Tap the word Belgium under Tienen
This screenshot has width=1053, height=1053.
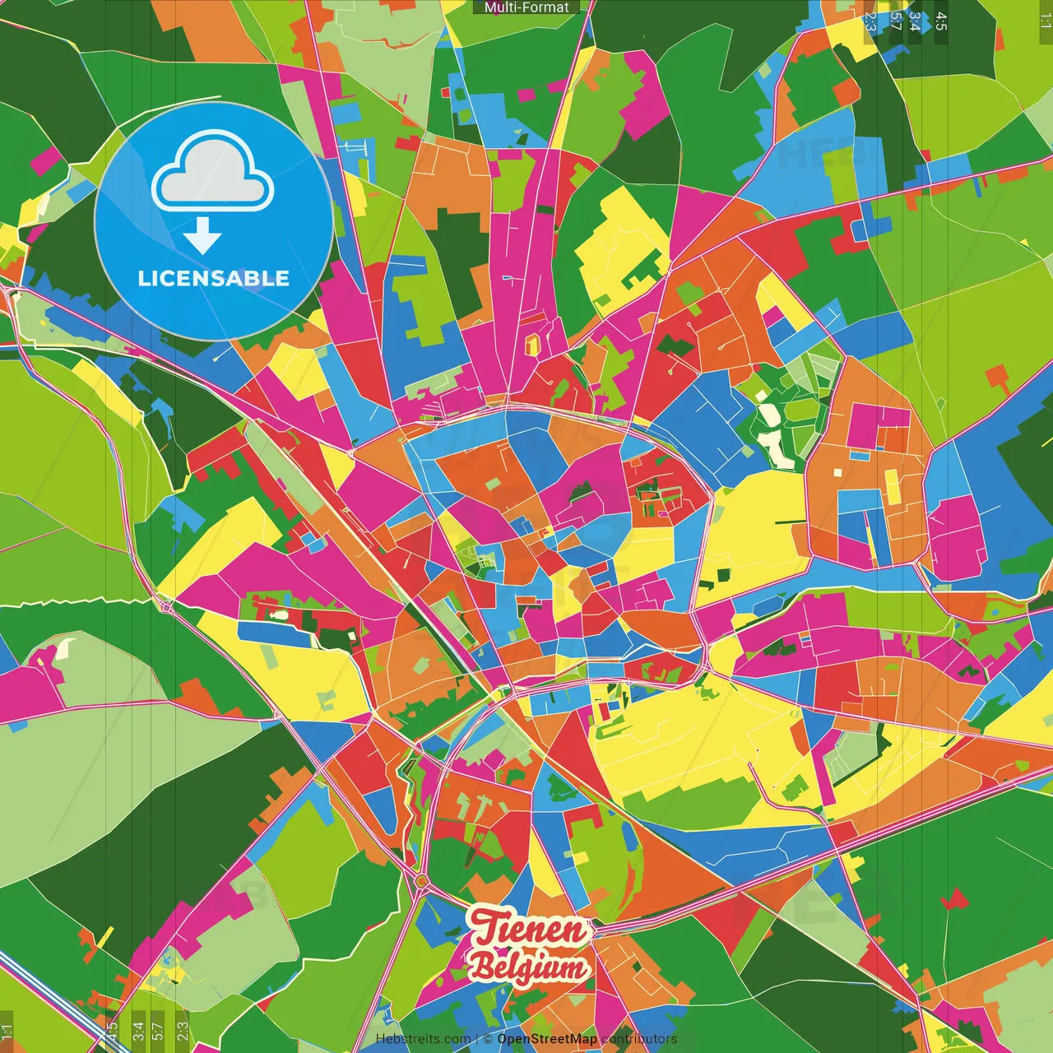(528, 967)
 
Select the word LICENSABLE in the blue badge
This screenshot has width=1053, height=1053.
(214, 278)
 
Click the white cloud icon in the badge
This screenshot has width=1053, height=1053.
(213, 175)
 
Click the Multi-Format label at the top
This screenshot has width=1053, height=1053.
(526, 7)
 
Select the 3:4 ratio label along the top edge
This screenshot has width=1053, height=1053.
(915, 21)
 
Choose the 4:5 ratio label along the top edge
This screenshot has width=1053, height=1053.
(941, 21)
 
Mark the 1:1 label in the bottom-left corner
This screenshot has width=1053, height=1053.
(7, 1032)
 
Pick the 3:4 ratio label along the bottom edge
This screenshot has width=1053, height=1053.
(138, 1032)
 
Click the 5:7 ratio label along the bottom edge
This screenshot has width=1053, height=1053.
(157, 1032)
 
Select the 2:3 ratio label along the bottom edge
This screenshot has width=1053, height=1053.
(183, 1032)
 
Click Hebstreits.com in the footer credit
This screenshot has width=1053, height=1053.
(423, 1039)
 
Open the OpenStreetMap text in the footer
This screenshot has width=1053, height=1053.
(547, 1039)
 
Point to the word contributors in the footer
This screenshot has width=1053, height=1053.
(639, 1039)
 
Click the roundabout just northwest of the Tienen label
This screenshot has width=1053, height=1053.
(421, 883)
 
